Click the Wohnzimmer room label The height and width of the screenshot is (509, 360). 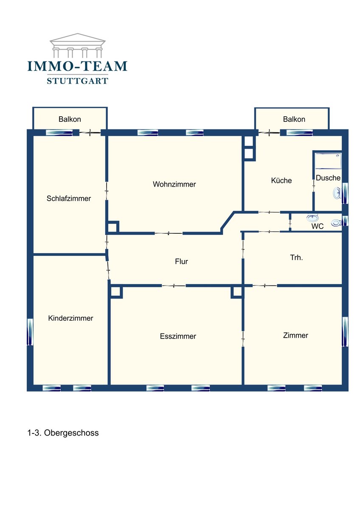[174, 184]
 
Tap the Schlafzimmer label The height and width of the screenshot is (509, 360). [69, 199]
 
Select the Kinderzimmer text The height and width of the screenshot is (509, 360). [70, 318]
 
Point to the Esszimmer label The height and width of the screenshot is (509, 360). [178, 336]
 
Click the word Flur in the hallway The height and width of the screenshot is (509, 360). [181, 261]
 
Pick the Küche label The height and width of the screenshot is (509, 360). [281, 180]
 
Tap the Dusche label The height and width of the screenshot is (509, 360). [328, 178]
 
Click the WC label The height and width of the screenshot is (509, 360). [317, 226]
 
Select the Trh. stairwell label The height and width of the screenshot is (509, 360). [296, 257]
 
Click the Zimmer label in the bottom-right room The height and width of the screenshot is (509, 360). [295, 335]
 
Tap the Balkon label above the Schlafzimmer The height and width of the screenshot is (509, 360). [70, 119]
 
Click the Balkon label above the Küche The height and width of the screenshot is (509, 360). [294, 119]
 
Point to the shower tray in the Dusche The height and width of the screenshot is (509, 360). [328, 161]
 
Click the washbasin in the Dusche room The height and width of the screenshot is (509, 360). [337, 193]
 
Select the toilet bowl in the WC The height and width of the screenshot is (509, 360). [336, 223]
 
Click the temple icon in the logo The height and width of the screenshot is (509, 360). [77, 45]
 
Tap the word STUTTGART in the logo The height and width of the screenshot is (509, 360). [77, 81]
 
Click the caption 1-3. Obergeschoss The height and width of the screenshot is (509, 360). [63, 433]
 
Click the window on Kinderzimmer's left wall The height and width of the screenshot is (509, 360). [30, 332]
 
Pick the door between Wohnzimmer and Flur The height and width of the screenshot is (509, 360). [169, 233]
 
